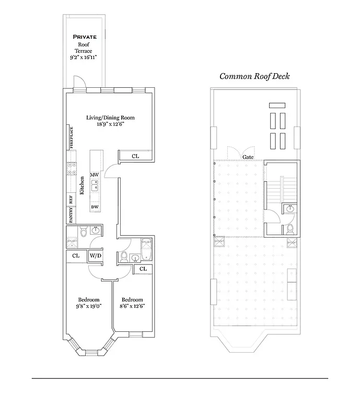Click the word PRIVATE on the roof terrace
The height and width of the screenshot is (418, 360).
click(85, 37)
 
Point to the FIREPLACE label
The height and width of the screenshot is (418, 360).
click(71, 138)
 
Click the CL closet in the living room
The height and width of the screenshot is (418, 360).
click(135, 156)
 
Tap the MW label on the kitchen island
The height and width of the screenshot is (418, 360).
click(95, 175)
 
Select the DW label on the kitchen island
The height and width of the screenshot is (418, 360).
click(95, 207)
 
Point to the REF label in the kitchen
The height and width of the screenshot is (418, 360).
click(71, 199)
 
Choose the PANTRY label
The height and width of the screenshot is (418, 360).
click(71, 214)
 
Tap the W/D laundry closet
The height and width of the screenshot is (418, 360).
click(95, 256)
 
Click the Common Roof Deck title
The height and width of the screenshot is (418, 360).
click(254, 76)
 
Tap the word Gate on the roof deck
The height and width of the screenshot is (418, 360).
click(248, 157)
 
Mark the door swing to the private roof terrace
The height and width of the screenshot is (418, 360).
click(77, 82)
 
